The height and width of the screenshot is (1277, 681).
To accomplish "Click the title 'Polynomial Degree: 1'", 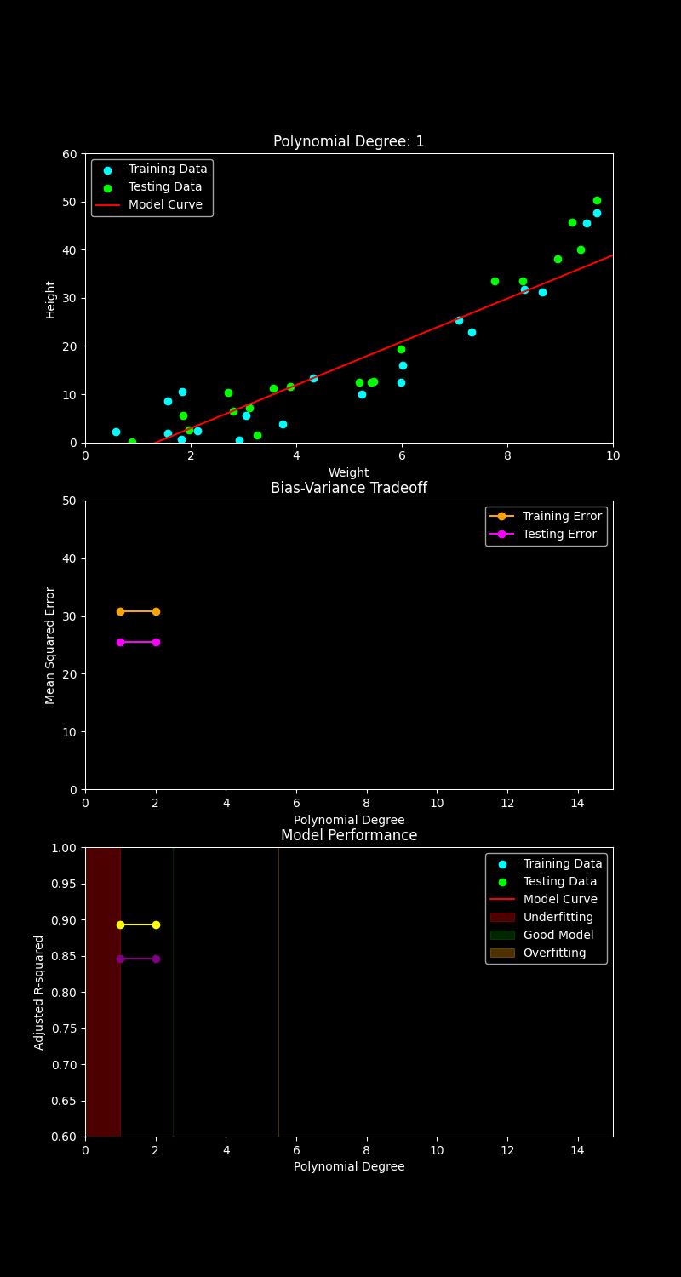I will pyautogui.click(x=348, y=142).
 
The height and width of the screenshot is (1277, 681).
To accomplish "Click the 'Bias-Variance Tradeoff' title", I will pyautogui.click(x=348, y=489).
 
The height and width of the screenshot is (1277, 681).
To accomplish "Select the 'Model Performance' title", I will pyautogui.click(x=348, y=836).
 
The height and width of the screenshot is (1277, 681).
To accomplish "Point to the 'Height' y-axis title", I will pyautogui.click(x=51, y=299).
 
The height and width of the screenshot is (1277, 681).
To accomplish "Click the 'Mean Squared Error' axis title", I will pyautogui.click(x=51, y=645).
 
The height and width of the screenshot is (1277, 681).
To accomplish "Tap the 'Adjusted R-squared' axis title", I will pyautogui.click(x=39, y=993).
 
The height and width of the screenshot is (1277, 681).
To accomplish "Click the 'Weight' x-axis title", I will pyautogui.click(x=348, y=473).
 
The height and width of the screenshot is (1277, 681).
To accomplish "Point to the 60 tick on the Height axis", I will pyautogui.click(x=70, y=154).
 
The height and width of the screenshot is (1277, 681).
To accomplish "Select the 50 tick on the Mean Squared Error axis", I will pyautogui.click(x=70, y=501).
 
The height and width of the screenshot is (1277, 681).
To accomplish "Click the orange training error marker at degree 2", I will pyautogui.click(x=156, y=611).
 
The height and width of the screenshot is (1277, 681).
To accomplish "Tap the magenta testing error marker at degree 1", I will pyautogui.click(x=120, y=642).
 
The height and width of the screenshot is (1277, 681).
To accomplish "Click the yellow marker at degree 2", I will pyautogui.click(x=156, y=925).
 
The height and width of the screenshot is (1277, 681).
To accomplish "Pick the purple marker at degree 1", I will pyautogui.click(x=120, y=959).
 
